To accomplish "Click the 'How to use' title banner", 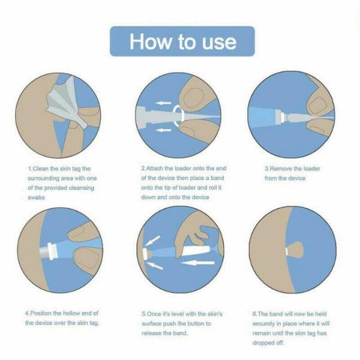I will coord(182,42).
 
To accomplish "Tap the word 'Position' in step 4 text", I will coord(46,313).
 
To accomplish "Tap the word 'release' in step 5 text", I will coord(155,332).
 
